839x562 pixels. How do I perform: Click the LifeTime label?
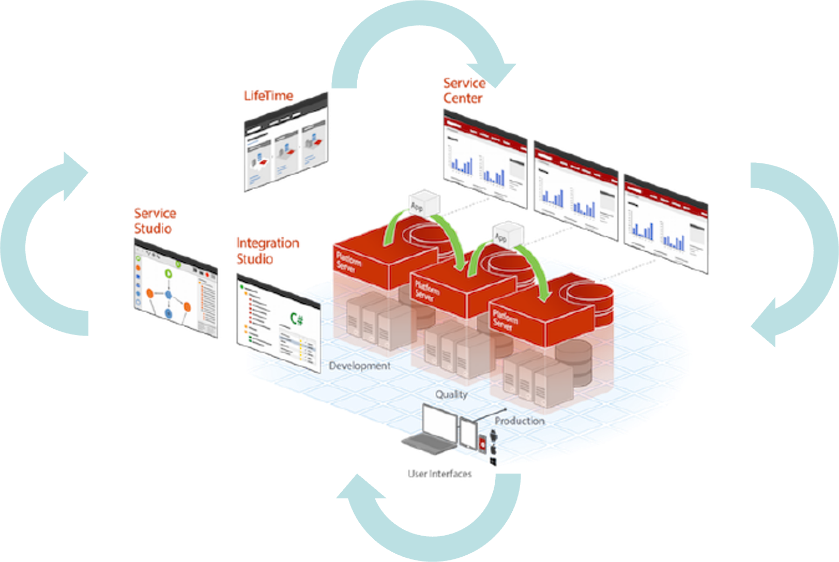coord(268,96)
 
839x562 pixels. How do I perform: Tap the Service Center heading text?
coord(464,91)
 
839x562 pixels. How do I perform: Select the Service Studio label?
coord(155,221)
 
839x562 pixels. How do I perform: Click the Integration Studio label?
coord(267,251)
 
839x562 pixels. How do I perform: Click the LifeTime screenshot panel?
coord(286,142)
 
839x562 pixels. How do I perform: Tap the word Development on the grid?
coord(360,366)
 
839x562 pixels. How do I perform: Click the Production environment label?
coord(519,421)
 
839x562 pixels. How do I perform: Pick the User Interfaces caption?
coord(440,473)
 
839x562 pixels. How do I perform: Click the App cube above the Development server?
coord(425,203)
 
